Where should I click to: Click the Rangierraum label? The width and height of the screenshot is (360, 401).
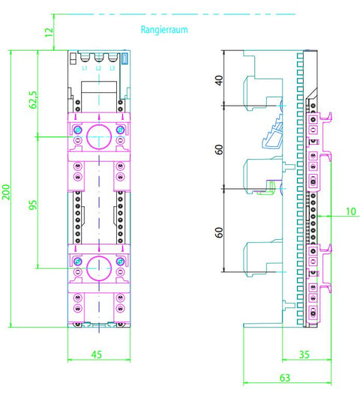pos(164,30)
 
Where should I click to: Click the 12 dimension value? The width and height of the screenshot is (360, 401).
pos(49,32)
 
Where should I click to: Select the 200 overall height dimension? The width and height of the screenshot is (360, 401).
pos(6,192)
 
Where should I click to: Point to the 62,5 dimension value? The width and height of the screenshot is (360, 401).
pos(33,100)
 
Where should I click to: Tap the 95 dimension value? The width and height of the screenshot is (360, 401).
pos(33,205)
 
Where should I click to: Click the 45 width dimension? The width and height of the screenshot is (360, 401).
pos(97,355)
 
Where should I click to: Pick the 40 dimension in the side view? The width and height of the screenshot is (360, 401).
pos(219,80)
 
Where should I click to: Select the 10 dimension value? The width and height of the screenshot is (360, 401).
pos(351,211)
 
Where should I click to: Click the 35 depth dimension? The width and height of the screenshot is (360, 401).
pos(304,355)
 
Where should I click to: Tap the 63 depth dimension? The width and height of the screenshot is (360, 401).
pos(285,378)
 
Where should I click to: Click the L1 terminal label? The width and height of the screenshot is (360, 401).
pos(85,68)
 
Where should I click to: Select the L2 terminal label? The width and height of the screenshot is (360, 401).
pos(98,68)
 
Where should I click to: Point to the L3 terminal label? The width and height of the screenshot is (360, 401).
pos(112,68)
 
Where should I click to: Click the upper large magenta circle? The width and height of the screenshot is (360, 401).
pos(99,124)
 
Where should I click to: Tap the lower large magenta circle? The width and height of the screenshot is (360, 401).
pos(99,256)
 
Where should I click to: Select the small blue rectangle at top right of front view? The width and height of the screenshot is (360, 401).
pos(124,58)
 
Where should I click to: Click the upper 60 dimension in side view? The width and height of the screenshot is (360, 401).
pos(219,150)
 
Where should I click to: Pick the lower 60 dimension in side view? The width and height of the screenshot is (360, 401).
pos(219,232)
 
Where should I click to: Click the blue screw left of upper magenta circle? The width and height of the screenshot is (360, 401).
pos(77,130)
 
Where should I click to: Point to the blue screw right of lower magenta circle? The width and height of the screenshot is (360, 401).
pos(120,262)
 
